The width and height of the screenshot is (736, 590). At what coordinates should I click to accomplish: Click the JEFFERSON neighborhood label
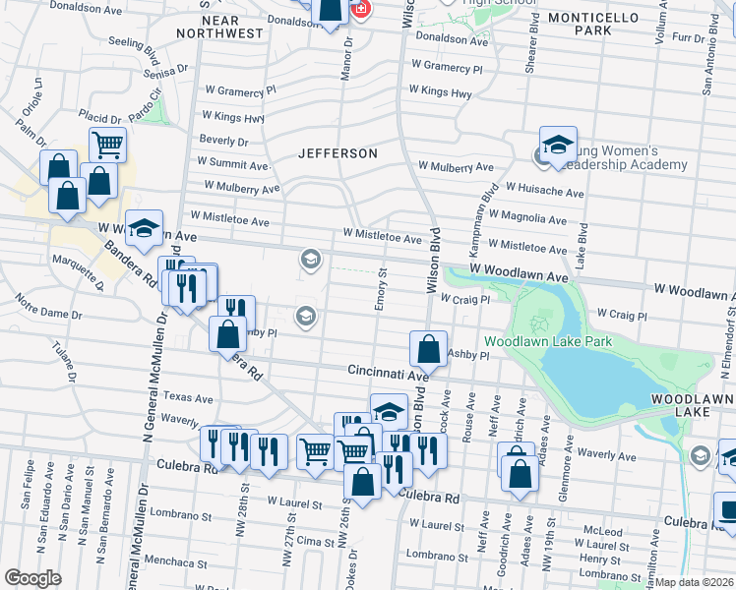pos(338,154)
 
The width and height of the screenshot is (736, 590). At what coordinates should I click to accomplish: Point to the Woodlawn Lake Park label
pos(562,341)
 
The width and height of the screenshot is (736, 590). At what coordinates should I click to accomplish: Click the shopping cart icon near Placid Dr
pos(107,146)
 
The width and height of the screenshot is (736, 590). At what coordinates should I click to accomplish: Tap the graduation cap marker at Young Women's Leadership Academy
pos(557,144)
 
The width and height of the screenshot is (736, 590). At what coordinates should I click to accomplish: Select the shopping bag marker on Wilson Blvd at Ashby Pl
pos(428,348)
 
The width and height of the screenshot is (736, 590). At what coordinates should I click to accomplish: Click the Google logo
pos(32,577)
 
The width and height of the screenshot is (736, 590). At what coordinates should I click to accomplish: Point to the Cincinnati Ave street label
pos(388,374)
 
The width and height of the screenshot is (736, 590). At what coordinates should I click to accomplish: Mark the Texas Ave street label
pos(188,398)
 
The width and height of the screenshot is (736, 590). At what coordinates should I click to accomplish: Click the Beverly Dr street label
pos(223,141)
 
